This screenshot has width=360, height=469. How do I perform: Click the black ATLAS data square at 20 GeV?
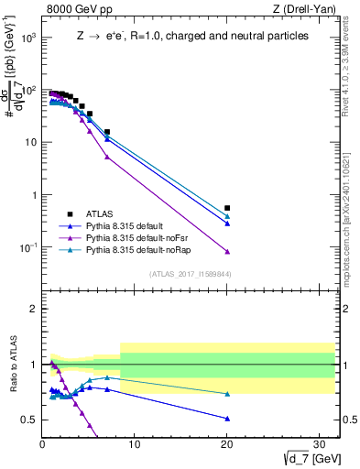pos(227,208)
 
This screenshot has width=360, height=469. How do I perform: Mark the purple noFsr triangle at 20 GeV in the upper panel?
pos(227,251)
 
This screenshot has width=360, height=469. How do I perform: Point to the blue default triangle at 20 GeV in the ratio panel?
pos(227,418)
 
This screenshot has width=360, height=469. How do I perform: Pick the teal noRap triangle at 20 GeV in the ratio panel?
pos(227,394)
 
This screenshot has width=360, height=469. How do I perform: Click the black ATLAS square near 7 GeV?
pos(107,132)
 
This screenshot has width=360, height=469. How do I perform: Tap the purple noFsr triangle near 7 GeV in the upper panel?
pos(107,157)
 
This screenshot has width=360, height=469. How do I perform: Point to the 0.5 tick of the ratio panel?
pos(30,420)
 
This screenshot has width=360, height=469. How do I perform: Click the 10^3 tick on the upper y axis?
pos(27,38)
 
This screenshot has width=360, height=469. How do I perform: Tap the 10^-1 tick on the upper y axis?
pos(27,248)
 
